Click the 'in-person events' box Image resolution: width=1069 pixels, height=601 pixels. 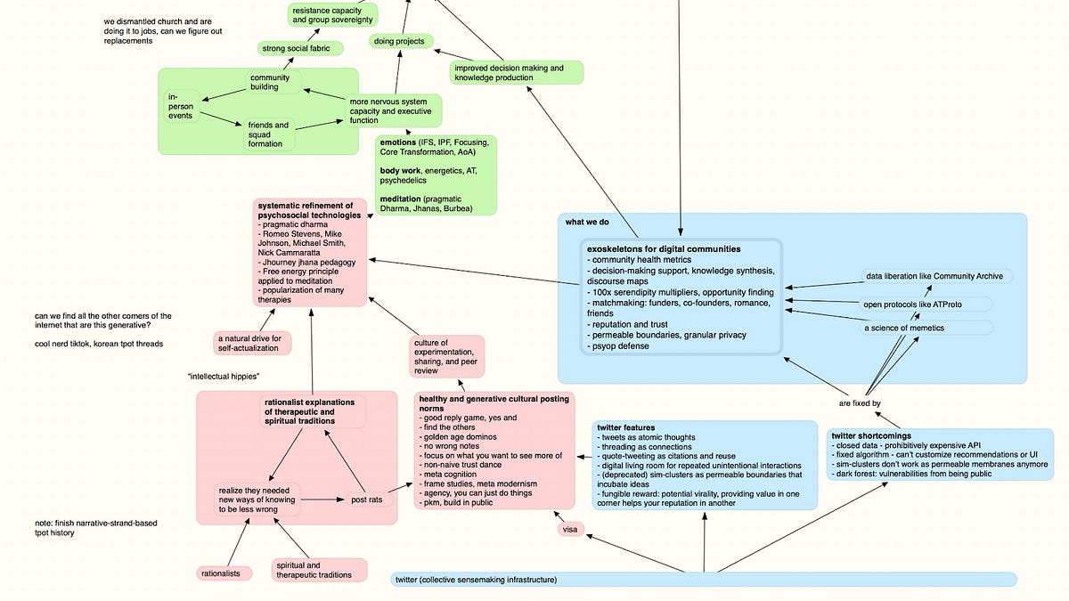click(x=183, y=106)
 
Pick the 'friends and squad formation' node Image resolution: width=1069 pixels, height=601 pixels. click(x=269, y=134)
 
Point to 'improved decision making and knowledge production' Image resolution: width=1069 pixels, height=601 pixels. click(x=516, y=73)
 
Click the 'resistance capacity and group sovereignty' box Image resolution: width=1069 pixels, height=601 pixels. click(x=332, y=15)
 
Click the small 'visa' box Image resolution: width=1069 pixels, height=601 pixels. click(x=570, y=530)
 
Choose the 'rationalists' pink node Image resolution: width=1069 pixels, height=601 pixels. click(x=220, y=573)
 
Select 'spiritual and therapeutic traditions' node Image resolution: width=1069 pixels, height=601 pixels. click(x=318, y=570)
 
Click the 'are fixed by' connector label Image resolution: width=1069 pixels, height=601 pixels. click(x=860, y=403)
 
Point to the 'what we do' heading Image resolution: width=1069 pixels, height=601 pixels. click(x=586, y=222)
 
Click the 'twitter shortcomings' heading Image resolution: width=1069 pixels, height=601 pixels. click(x=869, y=435)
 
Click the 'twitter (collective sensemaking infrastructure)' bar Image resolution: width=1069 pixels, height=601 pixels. click(x=704, y=580)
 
